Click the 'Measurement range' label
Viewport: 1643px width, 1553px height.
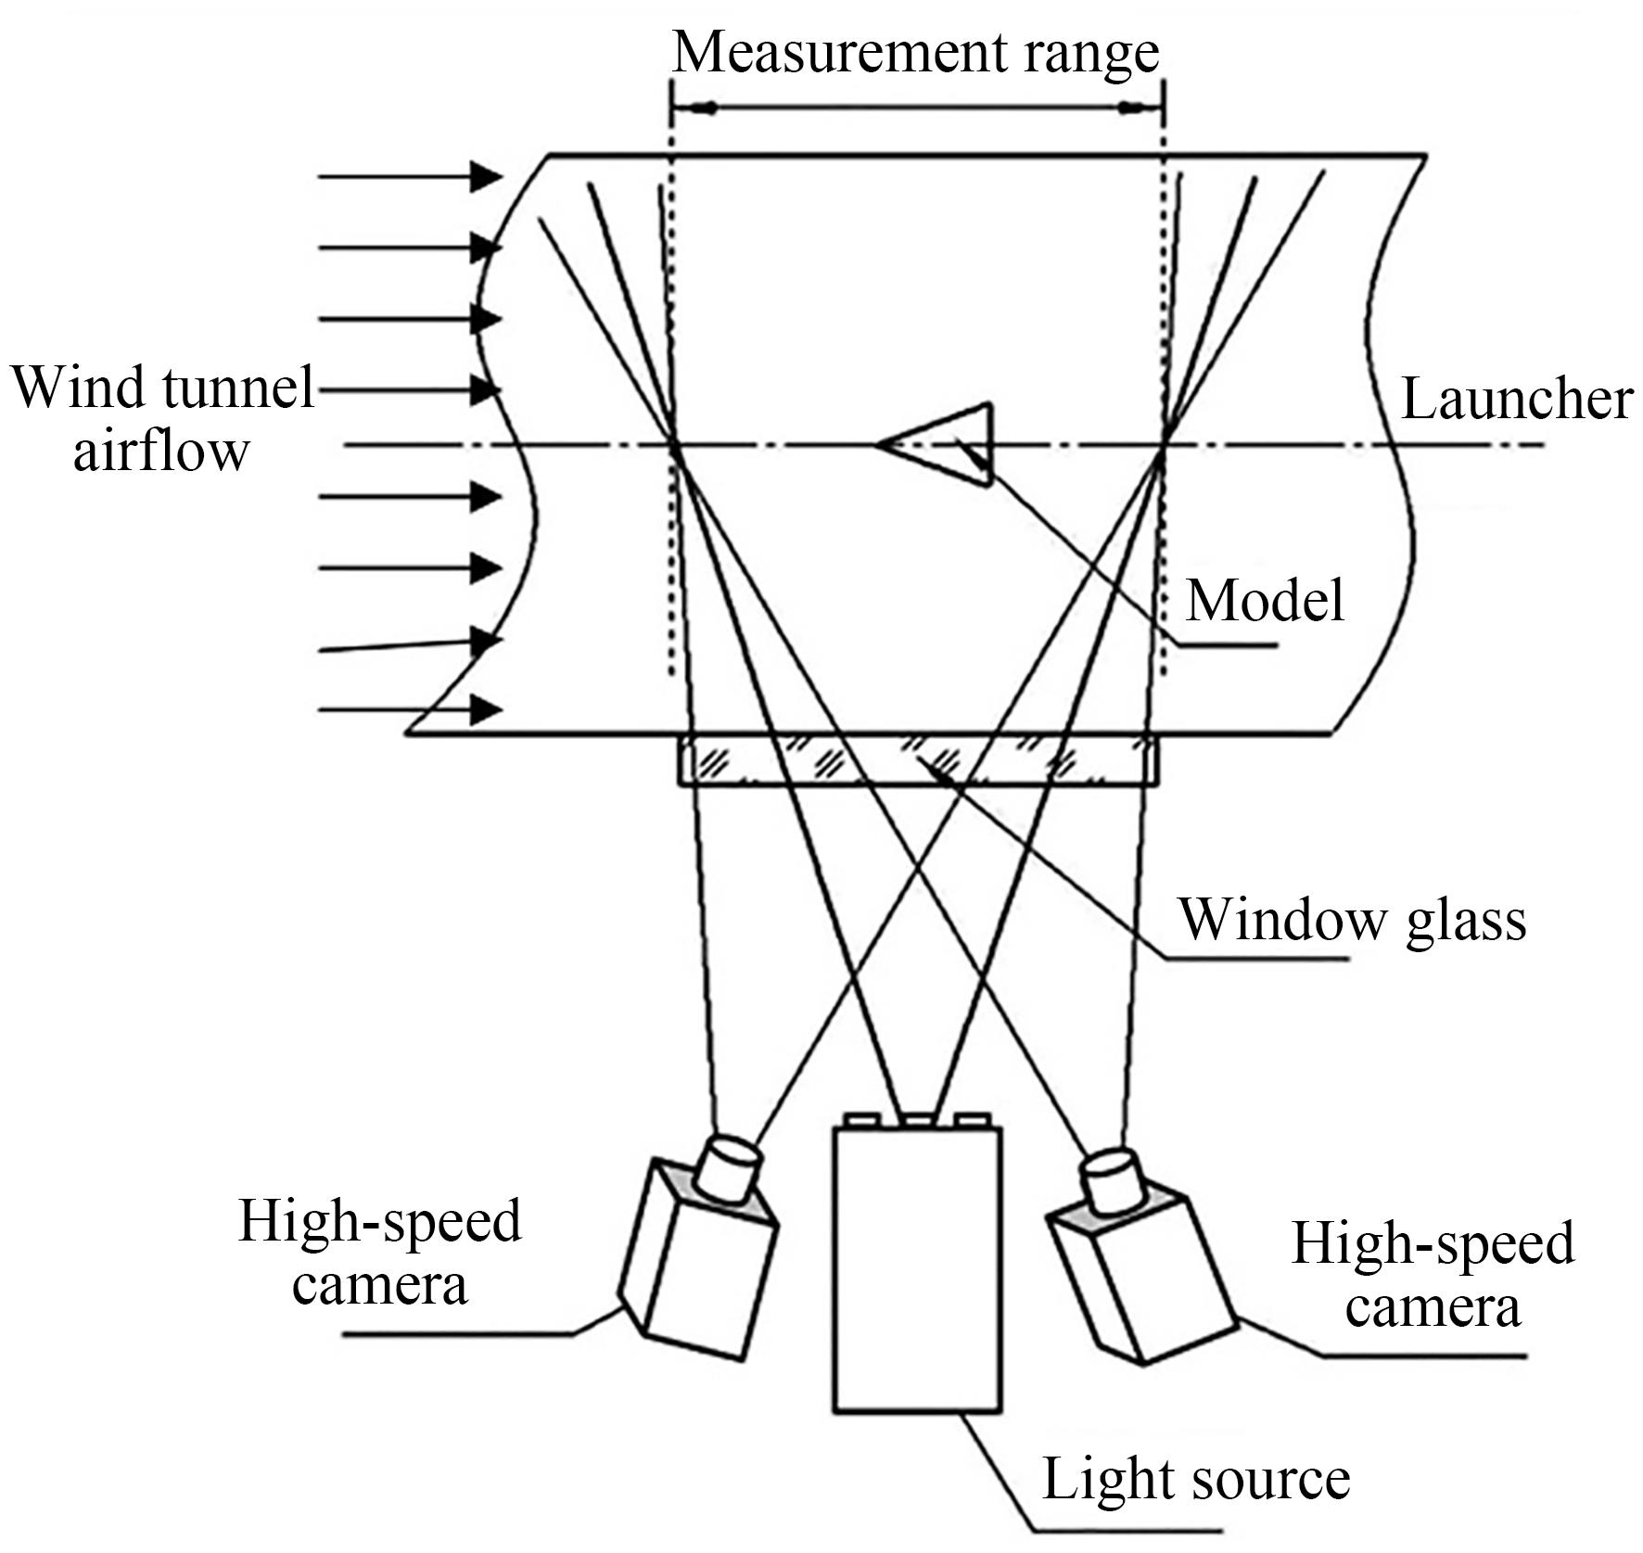coord(915,53)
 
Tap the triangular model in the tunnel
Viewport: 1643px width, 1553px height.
coord(950,444)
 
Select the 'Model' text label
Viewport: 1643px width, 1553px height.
coord(1265,600)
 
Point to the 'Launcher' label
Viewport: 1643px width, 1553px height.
coord(1516,400)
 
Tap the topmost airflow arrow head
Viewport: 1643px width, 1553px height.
coord(485,175)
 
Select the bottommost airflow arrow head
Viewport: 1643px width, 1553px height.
coord(485,711)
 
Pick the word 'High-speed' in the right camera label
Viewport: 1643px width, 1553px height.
coord(1433,1243)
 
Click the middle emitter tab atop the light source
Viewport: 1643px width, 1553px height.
coord(917,1121)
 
